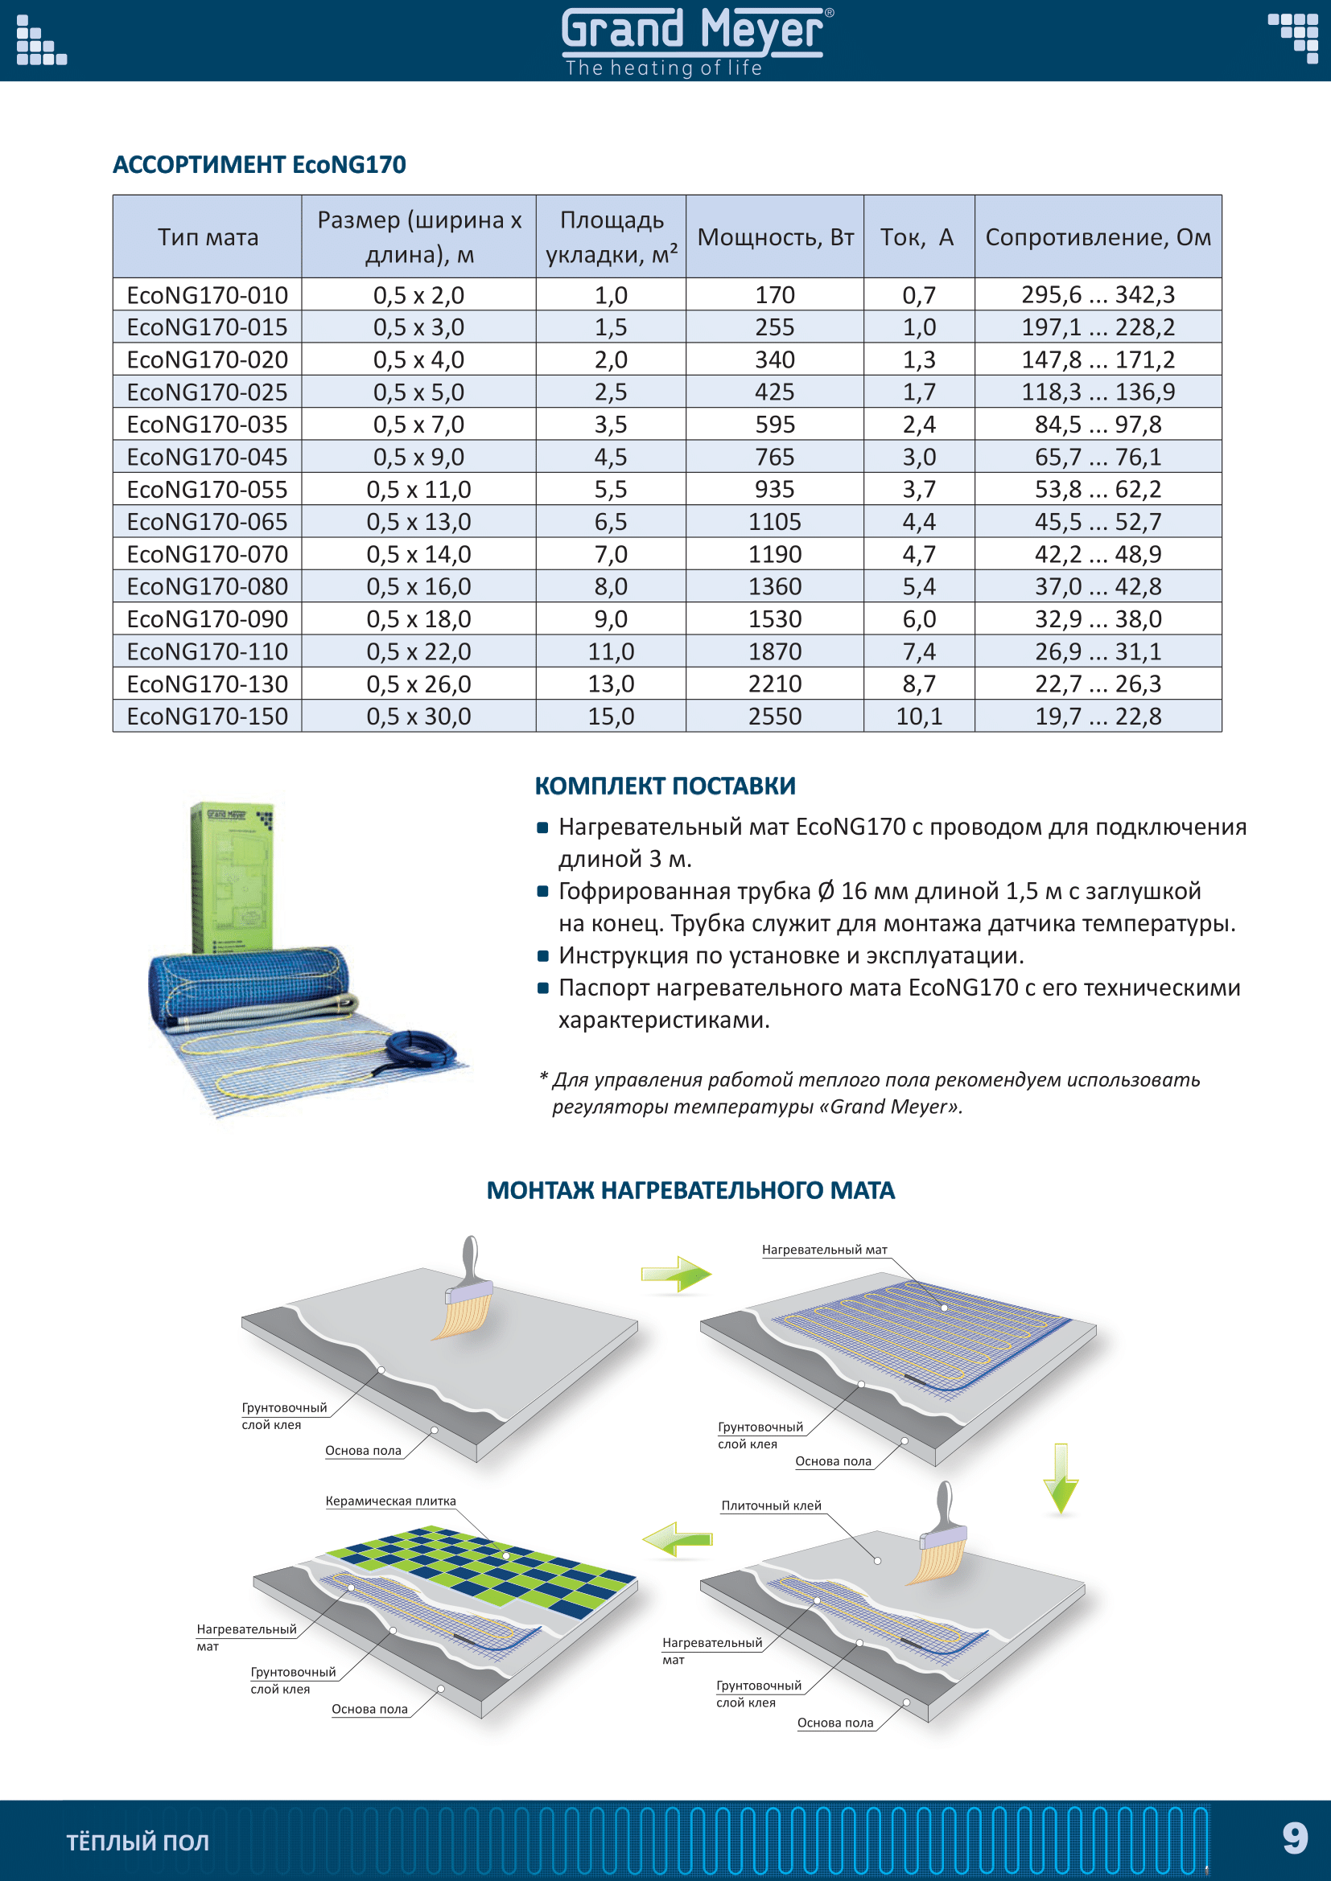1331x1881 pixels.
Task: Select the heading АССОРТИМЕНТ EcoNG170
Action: tap(259, 165)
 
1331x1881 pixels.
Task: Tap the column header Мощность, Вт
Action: tap(774, 237)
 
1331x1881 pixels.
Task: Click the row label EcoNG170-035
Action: tap(208, 425)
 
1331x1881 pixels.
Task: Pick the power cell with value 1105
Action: tap(774, 522)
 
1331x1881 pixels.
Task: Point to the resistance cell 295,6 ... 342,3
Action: tap(1098, 295)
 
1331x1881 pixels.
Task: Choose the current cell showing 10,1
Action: tap(919, 717)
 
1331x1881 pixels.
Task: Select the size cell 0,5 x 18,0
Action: tap(418, 619)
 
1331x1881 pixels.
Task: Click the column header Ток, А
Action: tap(917, 237)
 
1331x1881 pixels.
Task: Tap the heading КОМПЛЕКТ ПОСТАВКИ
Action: tap(665, 786)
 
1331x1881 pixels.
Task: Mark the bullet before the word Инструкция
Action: tap(542, 956)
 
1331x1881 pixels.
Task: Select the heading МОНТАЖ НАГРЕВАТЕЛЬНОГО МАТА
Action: tap(690, 1190)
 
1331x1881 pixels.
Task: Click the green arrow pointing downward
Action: tap(1061, 1478)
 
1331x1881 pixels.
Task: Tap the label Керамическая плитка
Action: tap(390, 1501)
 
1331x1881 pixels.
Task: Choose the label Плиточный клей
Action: tap(770, 1505)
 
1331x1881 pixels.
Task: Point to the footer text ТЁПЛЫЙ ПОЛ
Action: tap(137, 1842)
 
